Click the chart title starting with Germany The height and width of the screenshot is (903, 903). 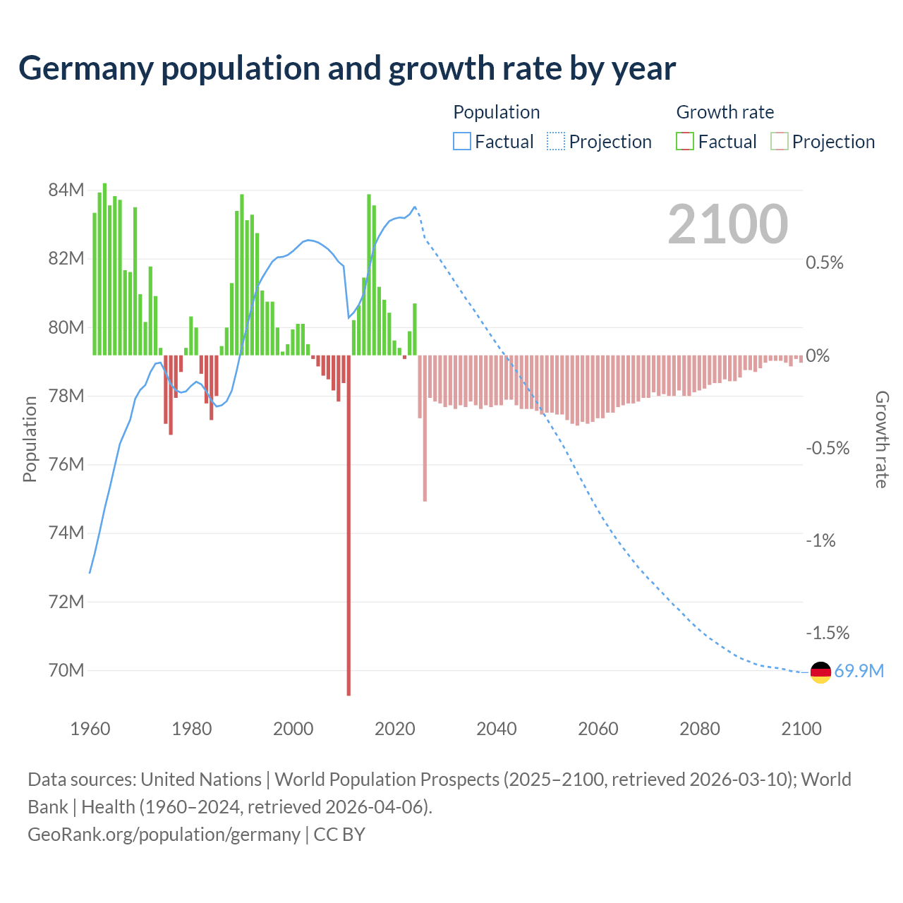coord(347,68)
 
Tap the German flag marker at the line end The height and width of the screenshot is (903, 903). coord(820,672)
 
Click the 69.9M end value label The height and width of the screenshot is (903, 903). coord(859,671)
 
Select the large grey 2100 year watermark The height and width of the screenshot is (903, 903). coord(727,224)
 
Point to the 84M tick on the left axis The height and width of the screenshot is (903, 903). coord(66,190)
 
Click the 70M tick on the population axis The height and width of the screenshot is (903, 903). coord(66,670)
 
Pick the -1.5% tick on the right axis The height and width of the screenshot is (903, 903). coord(828,633)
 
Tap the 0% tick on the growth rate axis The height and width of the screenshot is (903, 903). coord(818,356)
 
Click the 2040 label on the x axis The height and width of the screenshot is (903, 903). coord(497,729)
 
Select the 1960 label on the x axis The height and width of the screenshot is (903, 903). coord(90,729)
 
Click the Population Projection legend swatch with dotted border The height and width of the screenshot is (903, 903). coord(556,142)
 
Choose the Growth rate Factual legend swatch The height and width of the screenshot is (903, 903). coord(685,142)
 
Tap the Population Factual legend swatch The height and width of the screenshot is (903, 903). coord(462,142)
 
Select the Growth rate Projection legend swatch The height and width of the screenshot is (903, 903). coord(780,142)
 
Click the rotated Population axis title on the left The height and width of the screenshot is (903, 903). coord(30,439)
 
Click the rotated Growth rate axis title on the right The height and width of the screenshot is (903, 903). coord(882,440)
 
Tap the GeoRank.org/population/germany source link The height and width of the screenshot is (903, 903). coord(164,835)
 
